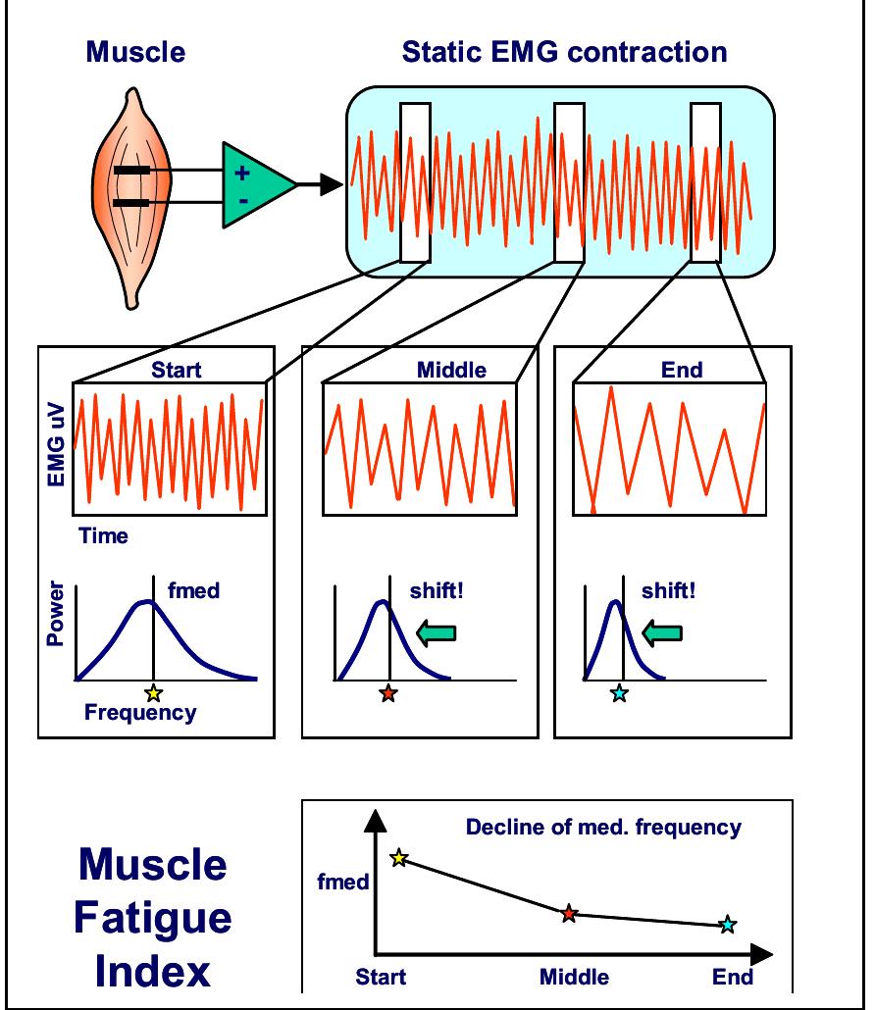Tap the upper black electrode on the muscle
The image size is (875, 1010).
coord(132,171)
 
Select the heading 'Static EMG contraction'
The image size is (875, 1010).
coord(564,51)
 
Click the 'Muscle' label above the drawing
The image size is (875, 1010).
coord(135,51)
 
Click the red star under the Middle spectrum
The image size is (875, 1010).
coord(388,693)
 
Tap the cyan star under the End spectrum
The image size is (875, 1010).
coord(618,693)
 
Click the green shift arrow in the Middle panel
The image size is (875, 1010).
coord(436,633)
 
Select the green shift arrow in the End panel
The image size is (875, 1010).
coord(662,633)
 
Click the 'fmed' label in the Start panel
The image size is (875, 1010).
coord(193,590)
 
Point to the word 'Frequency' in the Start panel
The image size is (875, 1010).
coord(139,713)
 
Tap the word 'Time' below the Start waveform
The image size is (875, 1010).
coord(104,536)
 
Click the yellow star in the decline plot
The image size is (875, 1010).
coord(398,858)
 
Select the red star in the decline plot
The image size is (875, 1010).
coord(569,914)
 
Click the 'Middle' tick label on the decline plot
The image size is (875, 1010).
coord(574,977)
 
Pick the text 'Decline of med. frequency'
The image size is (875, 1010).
coord(603,828)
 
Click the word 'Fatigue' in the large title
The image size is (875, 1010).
coord(153,918)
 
